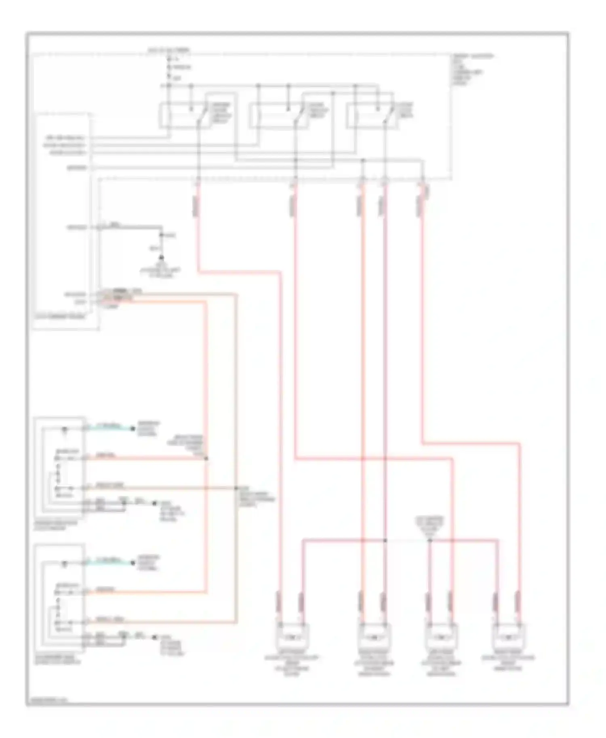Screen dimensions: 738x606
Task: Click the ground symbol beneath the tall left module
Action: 161,257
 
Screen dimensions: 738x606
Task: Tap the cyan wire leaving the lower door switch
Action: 109,562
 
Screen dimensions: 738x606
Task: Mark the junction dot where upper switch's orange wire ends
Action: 206,458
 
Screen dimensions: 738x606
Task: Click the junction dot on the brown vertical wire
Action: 236,488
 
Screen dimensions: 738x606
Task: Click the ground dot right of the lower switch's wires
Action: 154,637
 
